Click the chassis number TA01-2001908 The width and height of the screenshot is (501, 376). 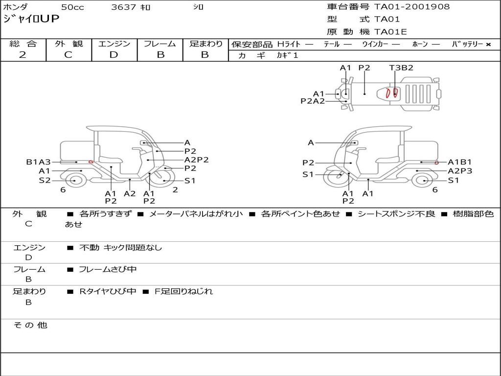412,7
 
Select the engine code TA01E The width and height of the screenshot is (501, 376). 390,32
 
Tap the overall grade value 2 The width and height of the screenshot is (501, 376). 23,55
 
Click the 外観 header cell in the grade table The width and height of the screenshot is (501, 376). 68,44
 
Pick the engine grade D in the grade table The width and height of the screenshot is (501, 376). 114,55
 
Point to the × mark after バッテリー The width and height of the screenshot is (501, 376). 488,45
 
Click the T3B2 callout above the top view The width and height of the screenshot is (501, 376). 401,68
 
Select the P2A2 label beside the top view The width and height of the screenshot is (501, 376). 313,101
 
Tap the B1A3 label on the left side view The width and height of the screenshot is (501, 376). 38,162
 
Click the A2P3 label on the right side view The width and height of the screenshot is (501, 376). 460,171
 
